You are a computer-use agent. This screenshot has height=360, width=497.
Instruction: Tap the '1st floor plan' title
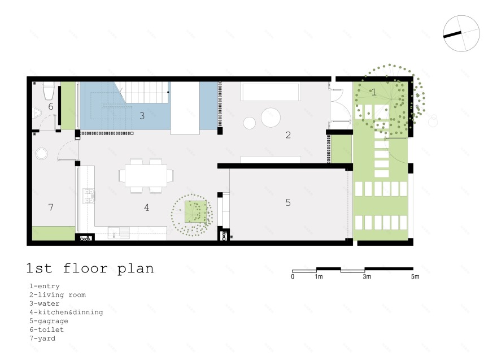point(90,268)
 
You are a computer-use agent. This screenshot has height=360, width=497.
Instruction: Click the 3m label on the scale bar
point(367,276)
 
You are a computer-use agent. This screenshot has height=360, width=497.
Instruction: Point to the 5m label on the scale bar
point(415,276)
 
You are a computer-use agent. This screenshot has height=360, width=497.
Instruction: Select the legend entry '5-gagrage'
point(49,321)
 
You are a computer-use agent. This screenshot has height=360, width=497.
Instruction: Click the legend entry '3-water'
point(45,303)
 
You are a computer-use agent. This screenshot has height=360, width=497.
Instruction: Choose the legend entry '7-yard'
point(42,339)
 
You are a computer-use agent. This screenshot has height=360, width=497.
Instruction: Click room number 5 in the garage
point(288,202)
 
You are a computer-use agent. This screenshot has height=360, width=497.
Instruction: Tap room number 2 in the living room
point(288,135)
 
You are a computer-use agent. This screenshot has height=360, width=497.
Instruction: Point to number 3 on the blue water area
point(142,116)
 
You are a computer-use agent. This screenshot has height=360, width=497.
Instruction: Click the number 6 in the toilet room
point(51,106)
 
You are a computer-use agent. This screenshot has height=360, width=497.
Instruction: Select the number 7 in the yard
point(51,207)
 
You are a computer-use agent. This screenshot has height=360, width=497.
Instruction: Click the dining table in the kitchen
point(146,175)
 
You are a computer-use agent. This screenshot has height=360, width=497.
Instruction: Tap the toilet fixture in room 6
point(49,90)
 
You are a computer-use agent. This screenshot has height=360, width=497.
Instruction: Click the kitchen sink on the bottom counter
point(119,233)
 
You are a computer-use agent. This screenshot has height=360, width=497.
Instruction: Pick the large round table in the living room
point(271,118)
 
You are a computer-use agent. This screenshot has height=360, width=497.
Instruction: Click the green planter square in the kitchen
point(196,211)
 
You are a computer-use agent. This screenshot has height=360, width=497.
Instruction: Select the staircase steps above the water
point(144,92)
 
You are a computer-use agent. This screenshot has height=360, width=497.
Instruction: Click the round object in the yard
point(41,154)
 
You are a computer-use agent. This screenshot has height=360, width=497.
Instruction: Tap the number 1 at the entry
point(374,92)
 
